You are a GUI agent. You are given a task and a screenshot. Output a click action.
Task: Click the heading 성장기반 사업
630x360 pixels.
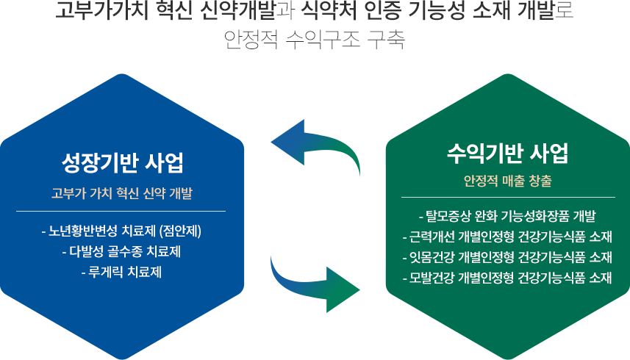pos(122,163)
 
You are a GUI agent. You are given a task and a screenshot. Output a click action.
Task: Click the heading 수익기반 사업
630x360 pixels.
pos(508,153)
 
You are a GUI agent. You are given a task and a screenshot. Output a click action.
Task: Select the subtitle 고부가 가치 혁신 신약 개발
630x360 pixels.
pos(122,193)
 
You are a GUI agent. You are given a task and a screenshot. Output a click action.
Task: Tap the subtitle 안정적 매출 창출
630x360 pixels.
pos(508,181)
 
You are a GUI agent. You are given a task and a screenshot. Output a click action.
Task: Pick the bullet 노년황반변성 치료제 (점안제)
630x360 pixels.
pos(121,231)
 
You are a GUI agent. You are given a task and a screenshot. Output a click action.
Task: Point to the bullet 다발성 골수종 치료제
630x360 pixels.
pos(121,252)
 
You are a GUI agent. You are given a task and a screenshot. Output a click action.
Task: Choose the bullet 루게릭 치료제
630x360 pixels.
pos(121,272)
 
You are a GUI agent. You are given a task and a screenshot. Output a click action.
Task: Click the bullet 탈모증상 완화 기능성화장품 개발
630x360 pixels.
pos(507,216)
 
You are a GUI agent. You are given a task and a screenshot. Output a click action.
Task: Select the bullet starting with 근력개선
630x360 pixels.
pos(507,237)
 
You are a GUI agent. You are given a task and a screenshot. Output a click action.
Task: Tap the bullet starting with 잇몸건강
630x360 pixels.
pos(507,257)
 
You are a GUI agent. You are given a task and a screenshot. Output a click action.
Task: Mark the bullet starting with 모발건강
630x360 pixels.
pos(507,277)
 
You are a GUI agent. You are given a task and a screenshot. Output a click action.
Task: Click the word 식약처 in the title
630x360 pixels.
pos(329,11)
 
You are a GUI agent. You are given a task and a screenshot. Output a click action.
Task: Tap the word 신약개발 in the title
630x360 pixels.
pos(238,11)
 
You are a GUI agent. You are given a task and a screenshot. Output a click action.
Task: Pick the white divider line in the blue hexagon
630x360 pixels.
pos(121,211)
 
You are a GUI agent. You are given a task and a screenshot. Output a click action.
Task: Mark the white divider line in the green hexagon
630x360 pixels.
pos(508,197)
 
